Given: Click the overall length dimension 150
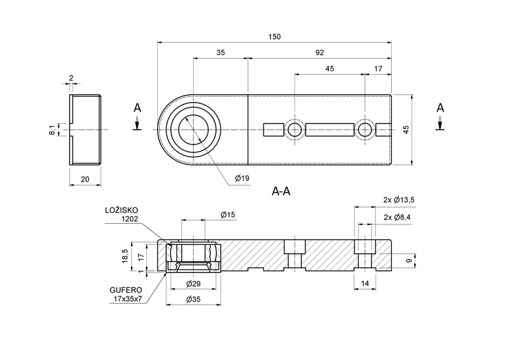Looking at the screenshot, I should coord(274,37).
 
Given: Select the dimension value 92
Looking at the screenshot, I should coord(319,53).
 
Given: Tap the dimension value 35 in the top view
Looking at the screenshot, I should coord(220,53).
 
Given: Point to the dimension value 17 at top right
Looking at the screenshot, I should coord(378,69).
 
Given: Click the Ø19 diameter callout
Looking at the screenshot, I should coord(242,178).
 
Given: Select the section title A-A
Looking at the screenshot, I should coord(281,192).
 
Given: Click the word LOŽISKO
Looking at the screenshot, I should coord(122,210).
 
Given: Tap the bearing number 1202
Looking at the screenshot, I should coord(129,219).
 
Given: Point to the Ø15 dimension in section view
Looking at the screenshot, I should coord(227,214).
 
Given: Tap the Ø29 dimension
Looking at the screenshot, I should coord(193,283).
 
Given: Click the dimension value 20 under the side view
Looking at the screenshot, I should coord(85,179).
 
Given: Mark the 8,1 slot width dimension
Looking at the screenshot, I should coord(52,130).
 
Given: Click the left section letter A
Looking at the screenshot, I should coord(137,108).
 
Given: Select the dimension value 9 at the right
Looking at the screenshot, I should coord(409,261).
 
